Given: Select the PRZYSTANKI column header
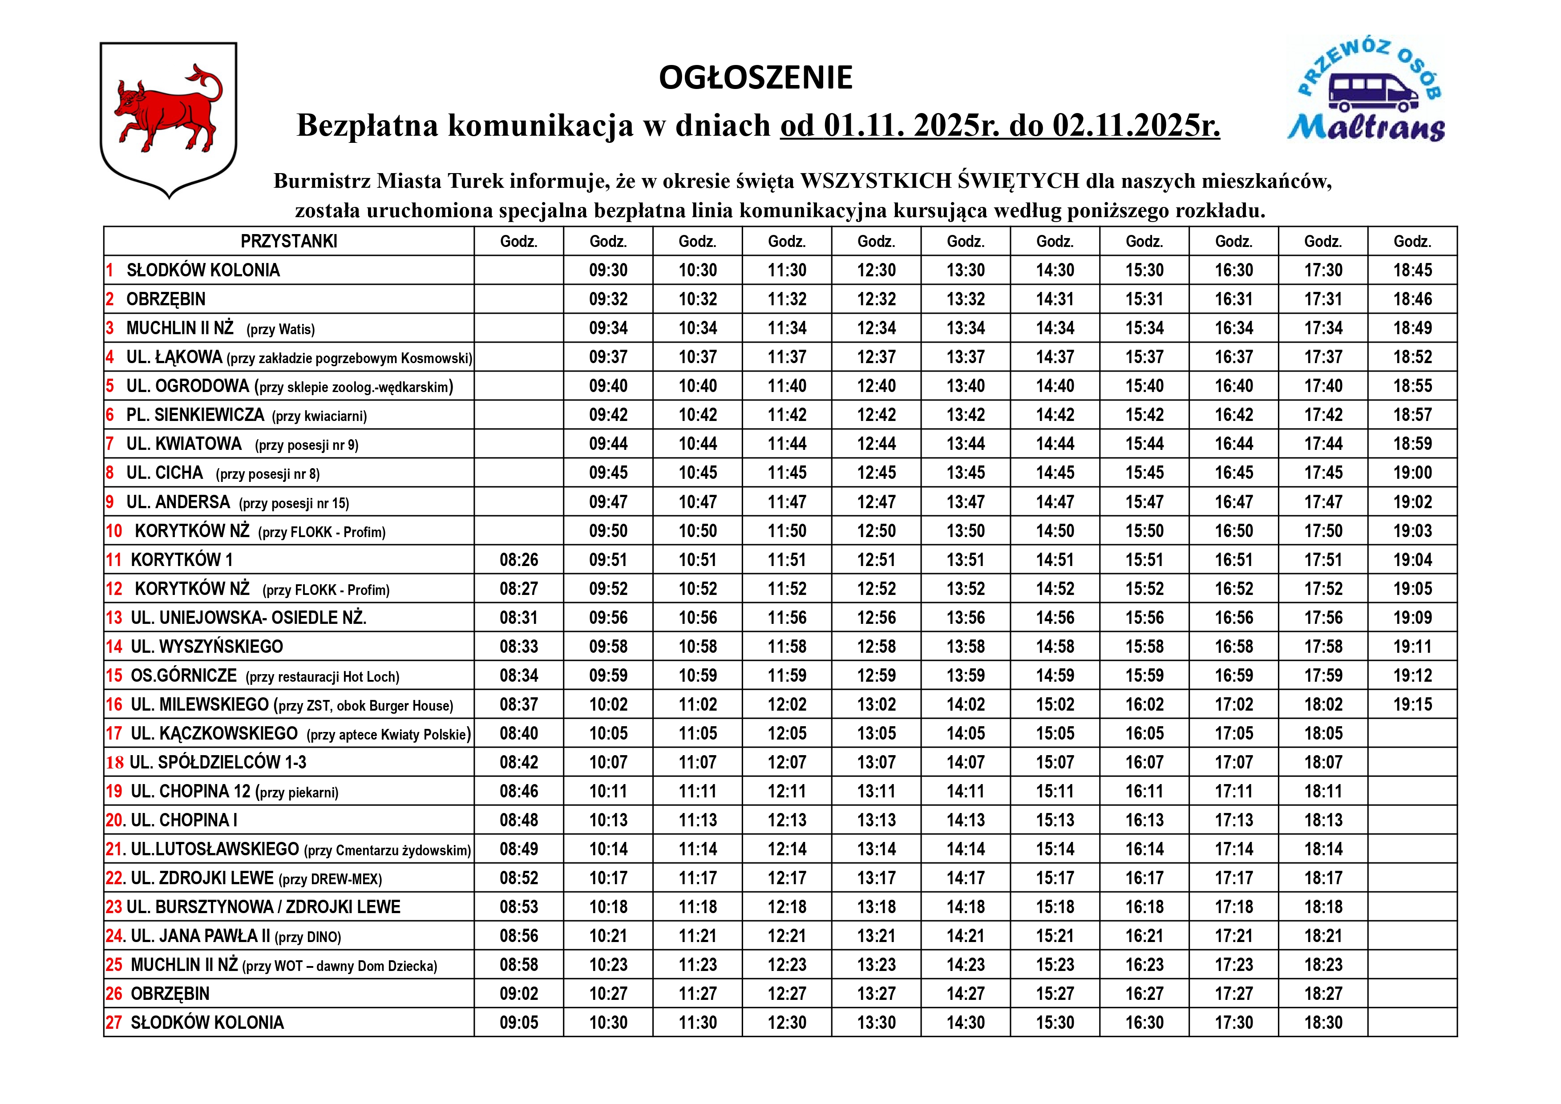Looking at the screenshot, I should [x=289, y=241].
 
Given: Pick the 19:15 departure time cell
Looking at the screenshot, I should [x=1412, y=705].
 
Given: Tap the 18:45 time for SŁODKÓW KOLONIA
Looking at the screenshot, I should [x=1412, y=271].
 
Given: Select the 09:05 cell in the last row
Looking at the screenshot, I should [x=519, y=1023].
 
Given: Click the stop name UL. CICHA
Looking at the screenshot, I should [x=165, y=473].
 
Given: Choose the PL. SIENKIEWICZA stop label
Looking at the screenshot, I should [x=195, y=415].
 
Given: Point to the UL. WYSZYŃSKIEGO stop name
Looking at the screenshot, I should [x=206, y=647].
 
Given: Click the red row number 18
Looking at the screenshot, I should [x=115, y=763].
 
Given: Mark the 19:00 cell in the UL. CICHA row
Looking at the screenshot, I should [x=1412, y=473].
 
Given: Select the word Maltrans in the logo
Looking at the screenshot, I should [x=1367, y=127].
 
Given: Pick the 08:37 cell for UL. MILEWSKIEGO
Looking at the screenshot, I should [x=519, y=705].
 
